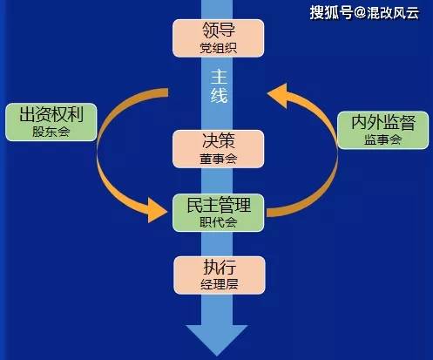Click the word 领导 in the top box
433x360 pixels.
[219, 30]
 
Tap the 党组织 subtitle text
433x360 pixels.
[218, 48]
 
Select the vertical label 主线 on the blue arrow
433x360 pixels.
[219, 86]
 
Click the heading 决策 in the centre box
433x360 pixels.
[219, 140]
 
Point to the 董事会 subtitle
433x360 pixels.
[218, 159]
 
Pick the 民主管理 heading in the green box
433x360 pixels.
[219, 205]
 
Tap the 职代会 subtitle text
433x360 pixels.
[218, 222]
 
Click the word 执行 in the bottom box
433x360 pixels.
[220, 267]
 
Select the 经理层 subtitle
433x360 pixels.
[220, 284]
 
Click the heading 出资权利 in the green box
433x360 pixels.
[51, 114]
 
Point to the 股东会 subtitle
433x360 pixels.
[51, 132]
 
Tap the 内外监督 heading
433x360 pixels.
[383, 122]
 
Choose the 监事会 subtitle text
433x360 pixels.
[383, 140]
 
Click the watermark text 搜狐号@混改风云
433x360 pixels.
[364, 13]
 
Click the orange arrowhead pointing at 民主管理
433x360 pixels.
[157, 210]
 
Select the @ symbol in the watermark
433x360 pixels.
[360, 13]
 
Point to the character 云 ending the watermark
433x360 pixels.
[412, 13]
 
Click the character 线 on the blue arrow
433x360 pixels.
[219, 95]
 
